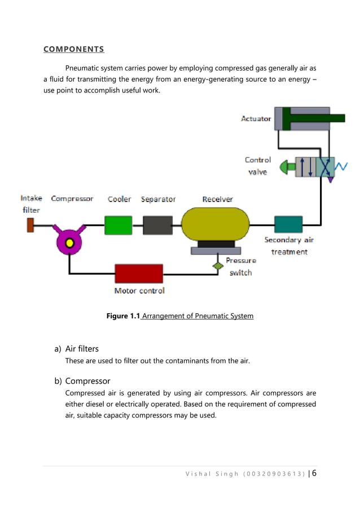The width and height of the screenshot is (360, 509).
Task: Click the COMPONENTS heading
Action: (73, 49)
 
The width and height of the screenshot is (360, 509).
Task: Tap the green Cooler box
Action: (118, 225)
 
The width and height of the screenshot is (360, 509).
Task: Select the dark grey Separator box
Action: (157, 225)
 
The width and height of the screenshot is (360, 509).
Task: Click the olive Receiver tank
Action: (216, 224)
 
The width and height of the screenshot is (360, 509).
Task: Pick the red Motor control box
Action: (139, 274)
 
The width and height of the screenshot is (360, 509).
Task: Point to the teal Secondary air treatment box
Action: (288, 225)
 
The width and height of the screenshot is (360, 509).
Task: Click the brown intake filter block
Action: (30, 225)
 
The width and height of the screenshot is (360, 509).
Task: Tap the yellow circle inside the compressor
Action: (69, 243)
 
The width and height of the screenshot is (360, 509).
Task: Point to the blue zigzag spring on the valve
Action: (341, 166)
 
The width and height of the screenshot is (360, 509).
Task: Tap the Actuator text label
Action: (256, 119)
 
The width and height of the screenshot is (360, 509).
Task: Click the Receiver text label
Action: (217, 199)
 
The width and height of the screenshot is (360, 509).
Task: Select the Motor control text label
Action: (139, 291)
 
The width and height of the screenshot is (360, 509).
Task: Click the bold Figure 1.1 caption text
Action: (123, 316)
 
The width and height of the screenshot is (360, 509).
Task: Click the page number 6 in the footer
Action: (314, 473)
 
